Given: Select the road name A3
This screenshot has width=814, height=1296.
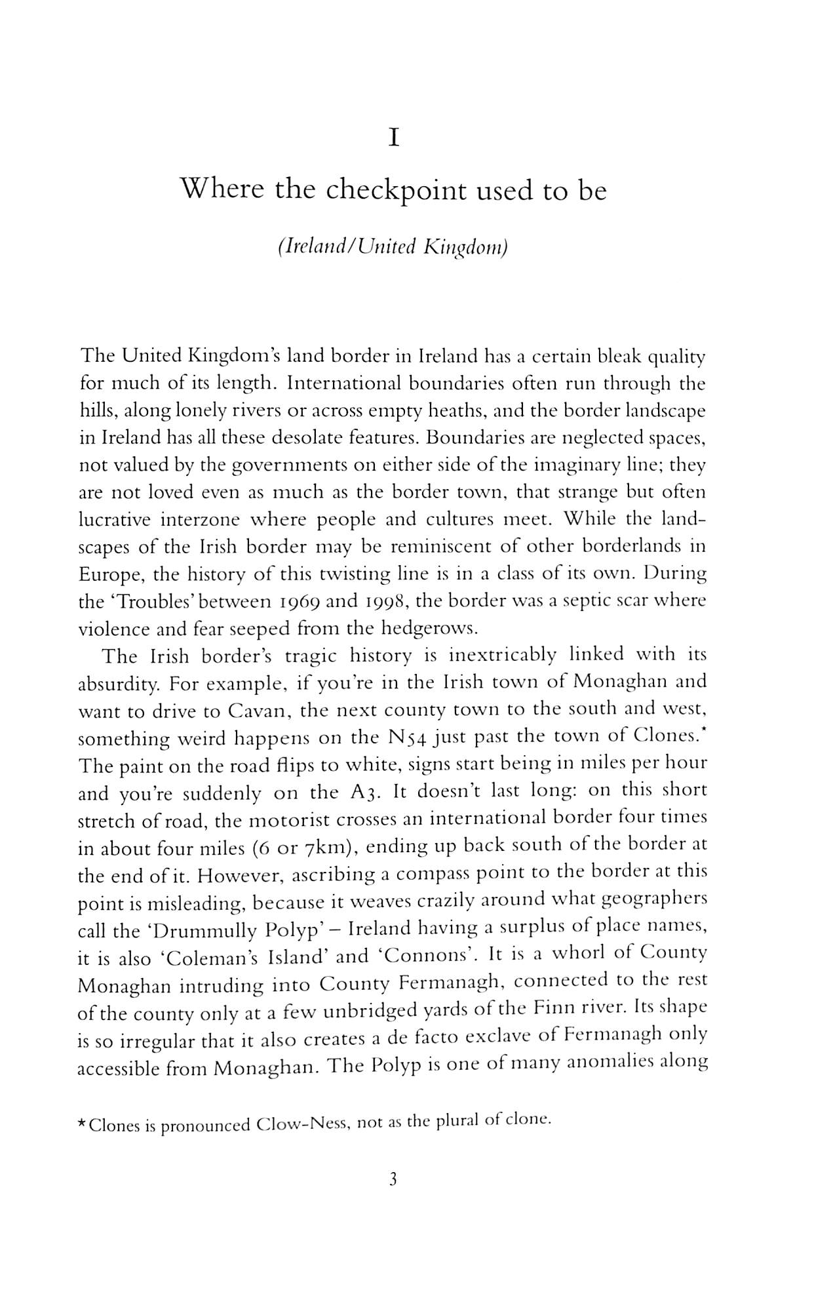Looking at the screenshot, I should (x=361, y=793).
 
